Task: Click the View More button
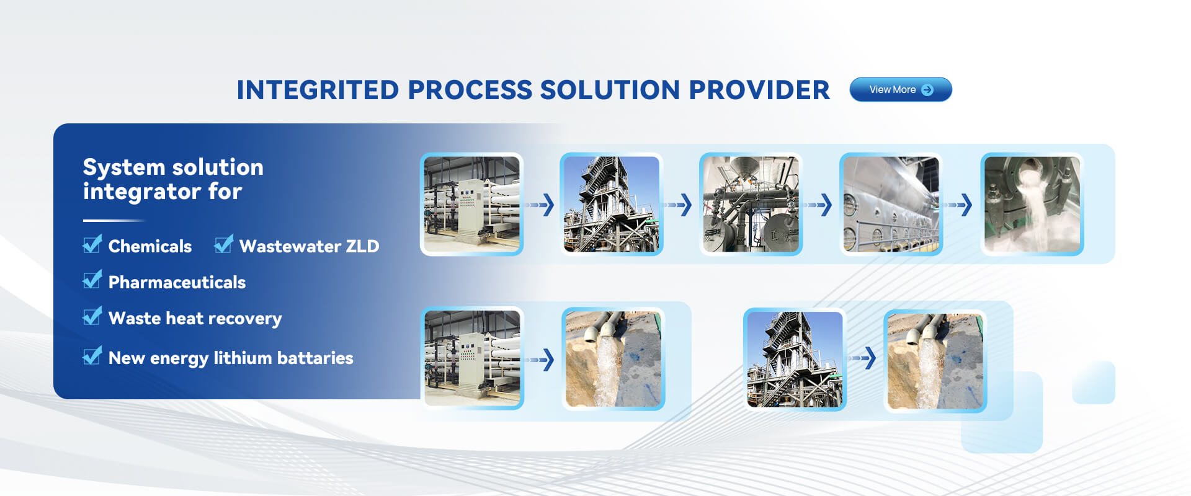pyautogui.click(x=901, y=89)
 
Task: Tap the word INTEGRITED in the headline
pyautogui.click(x=318, y=90)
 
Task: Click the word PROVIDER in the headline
pyautogui.click(x=759, y=90)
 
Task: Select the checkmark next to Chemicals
pyautogui.click(x=92, y=244)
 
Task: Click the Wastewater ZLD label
pyautogui.click(x=309, y=246)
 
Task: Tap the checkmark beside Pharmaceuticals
pyautogui.click(x=92, y=280)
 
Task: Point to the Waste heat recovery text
pyautogui.click(x=195, y=319)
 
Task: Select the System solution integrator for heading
pyautogui.click(x=173, y=179)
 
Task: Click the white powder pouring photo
pyautogui.click(x=1032, y=204)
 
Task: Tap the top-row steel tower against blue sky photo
pyautogui.click(x=611, y=204)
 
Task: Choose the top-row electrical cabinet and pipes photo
pyautogui.click(x=471, y=204)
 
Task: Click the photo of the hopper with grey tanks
pyautogui.click(x=751, y=204)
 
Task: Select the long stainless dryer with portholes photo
pyautogui.click(x=891, y=204)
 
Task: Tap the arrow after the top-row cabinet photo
pyautogui.click(x=540, y=205)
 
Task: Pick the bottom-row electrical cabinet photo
pyautogui.click(x=472, y=358)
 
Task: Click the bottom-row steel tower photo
pyautogui.click(x=795, y=360)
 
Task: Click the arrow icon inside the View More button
pyautogui.click(x=927, y=90)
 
